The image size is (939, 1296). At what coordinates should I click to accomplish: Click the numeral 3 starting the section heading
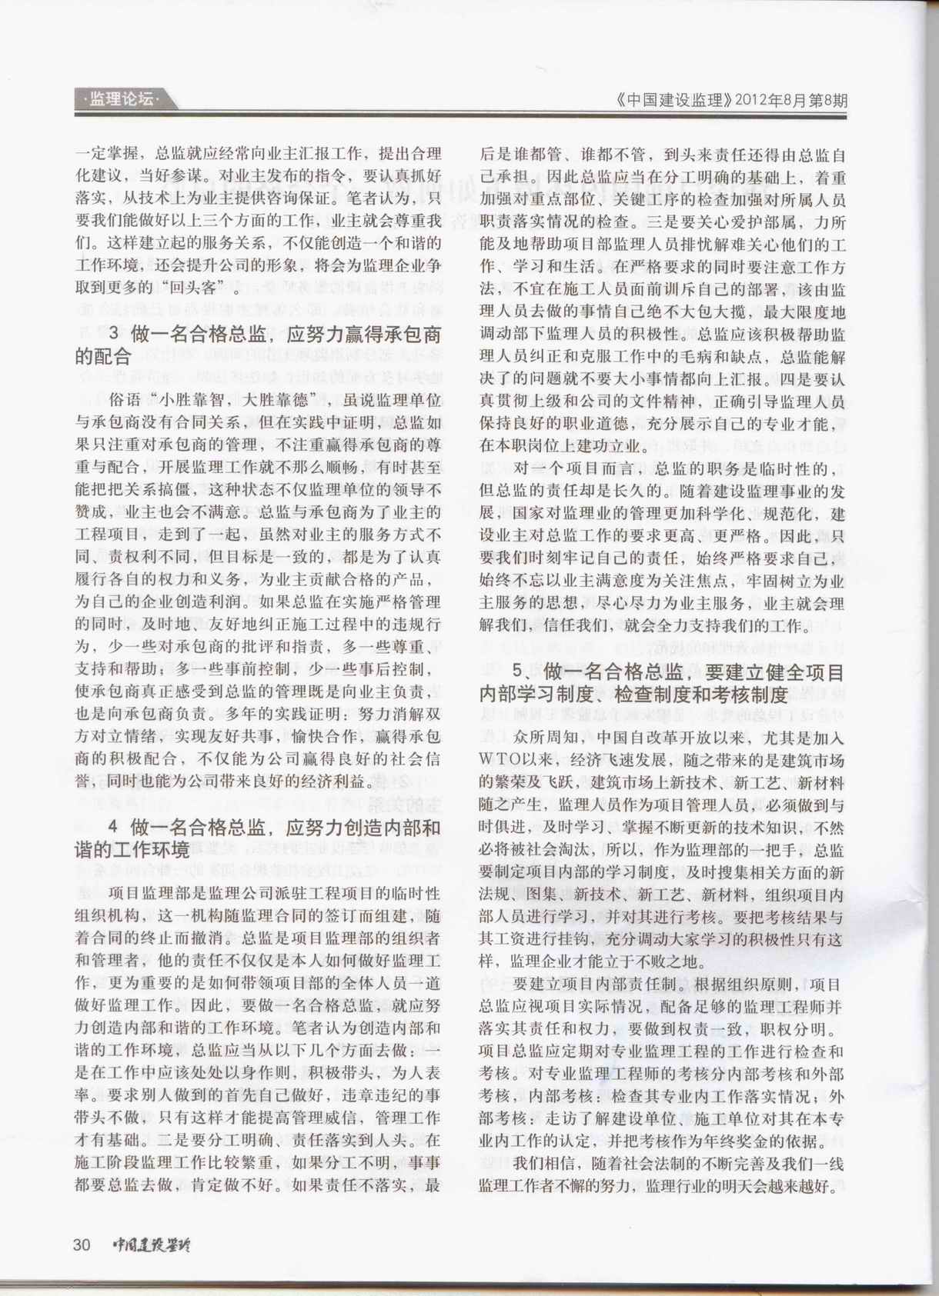113,335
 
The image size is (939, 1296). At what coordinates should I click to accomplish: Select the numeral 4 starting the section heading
113,828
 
